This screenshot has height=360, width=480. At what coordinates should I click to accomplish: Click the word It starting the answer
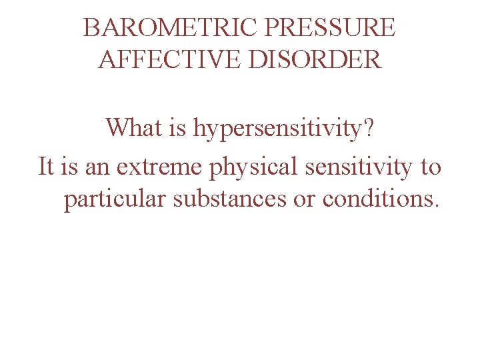(x=46, y=166)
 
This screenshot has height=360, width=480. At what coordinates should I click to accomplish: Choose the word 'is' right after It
(x=69, y=166)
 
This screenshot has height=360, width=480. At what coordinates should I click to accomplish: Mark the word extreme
(x=160, y=167)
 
